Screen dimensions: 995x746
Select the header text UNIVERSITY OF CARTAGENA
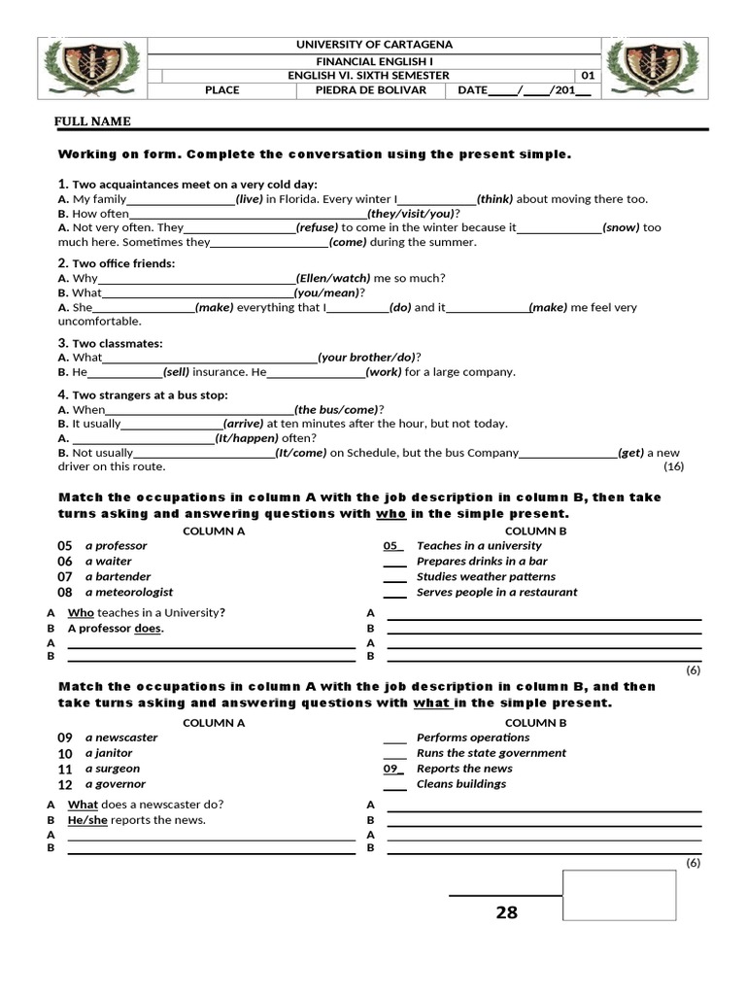373,45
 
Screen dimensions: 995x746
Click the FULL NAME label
92,121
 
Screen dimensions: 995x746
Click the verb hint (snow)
622,227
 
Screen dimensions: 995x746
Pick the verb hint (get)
631,453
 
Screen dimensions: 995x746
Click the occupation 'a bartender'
117,576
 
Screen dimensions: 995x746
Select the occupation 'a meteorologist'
129,592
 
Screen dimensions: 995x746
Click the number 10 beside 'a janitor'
65,753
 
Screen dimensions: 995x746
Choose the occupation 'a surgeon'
113,769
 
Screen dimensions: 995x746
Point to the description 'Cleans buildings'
460,784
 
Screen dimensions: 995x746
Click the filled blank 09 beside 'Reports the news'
393,769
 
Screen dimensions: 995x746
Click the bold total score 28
506,912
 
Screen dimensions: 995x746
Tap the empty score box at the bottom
619,895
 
